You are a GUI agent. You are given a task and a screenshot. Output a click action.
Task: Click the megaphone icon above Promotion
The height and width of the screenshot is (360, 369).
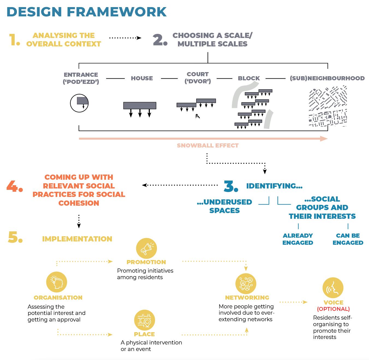147,249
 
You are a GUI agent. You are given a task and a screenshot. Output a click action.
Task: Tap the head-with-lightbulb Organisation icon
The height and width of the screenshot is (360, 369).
57,282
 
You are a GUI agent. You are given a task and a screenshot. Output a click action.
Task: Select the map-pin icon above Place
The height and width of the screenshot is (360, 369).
144,320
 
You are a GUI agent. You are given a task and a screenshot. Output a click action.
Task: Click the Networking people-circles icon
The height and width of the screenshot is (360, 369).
246,283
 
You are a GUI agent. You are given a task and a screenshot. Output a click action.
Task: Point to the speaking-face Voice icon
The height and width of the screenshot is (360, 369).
333,288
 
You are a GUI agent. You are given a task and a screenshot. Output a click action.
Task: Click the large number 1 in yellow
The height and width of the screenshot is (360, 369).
14,40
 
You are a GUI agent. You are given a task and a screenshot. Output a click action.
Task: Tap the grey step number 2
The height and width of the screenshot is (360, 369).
160,40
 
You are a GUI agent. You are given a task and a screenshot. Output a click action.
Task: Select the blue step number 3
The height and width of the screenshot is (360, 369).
231,186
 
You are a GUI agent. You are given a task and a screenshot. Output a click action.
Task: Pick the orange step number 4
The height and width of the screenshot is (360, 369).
14,186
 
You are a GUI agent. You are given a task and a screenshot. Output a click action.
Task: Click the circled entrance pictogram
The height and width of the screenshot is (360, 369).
79,103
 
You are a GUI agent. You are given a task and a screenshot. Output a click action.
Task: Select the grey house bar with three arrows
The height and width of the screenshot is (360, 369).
140,106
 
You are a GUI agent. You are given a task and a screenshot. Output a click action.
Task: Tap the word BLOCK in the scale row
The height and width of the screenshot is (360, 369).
249,78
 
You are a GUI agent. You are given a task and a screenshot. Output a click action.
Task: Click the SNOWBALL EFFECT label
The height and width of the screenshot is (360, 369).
207,146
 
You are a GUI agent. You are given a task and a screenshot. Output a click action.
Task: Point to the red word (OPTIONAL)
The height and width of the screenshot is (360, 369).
333,309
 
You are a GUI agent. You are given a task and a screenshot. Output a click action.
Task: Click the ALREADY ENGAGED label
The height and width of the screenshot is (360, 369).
297,239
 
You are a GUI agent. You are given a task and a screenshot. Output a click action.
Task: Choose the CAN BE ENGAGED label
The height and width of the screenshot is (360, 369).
348,239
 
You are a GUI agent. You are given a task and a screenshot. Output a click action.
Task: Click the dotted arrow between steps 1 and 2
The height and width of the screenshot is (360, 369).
125,38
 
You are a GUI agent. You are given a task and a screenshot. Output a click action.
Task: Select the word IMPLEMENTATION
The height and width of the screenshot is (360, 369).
77,239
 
